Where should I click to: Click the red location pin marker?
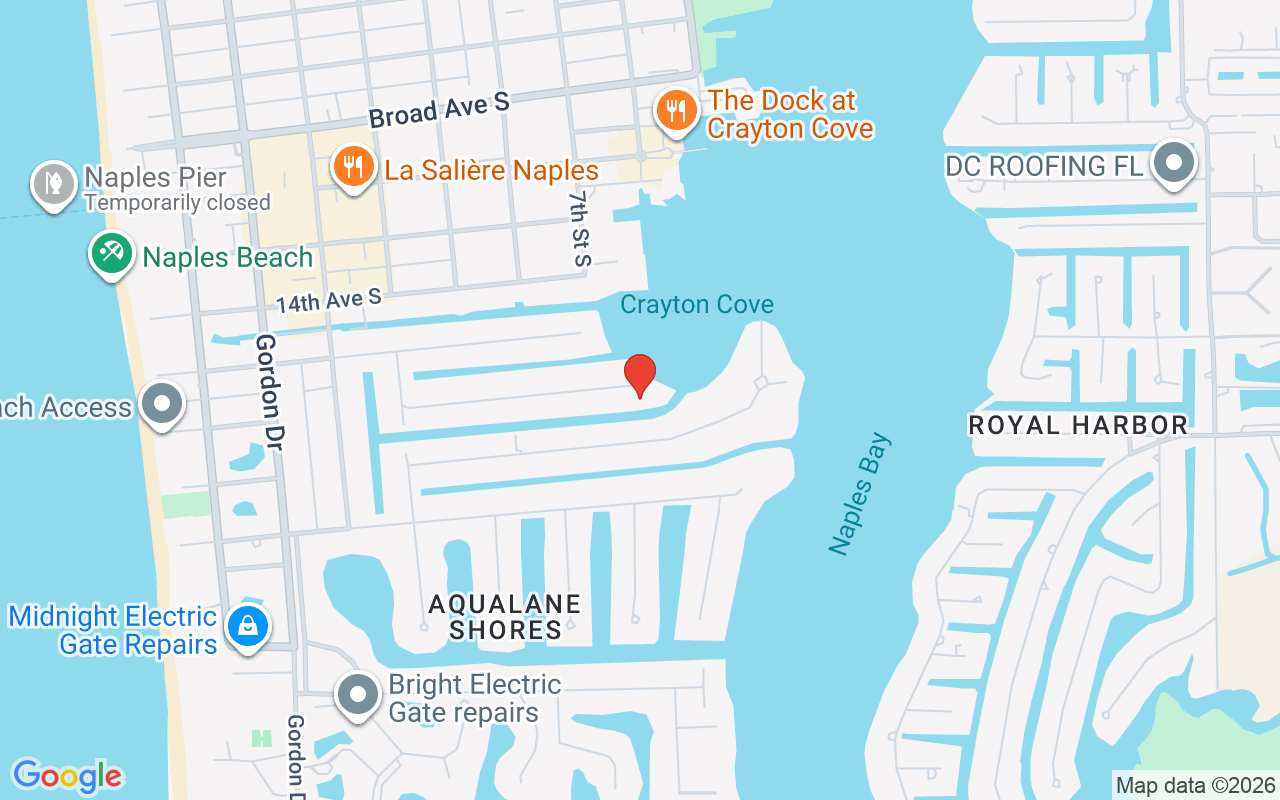tap(640, 374)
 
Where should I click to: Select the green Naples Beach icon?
tap(112, 254)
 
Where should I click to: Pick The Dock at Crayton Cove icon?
tap(677, 112)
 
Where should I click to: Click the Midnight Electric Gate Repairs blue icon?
tap(246, 628)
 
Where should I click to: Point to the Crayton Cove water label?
tap(697, 304)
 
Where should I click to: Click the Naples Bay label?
tap(859, 494)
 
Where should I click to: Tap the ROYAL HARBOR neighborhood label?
tap(1078, 425)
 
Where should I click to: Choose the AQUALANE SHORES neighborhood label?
tap(505, 617)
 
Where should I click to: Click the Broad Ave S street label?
tap(439, 110)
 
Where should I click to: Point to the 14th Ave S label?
tap(329, 299)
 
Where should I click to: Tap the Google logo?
tap(68, 775)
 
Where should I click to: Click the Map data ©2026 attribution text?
tap(1196, 785)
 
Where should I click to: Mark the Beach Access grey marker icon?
tap(162, 405)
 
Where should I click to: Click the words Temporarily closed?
tap(177, 203)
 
